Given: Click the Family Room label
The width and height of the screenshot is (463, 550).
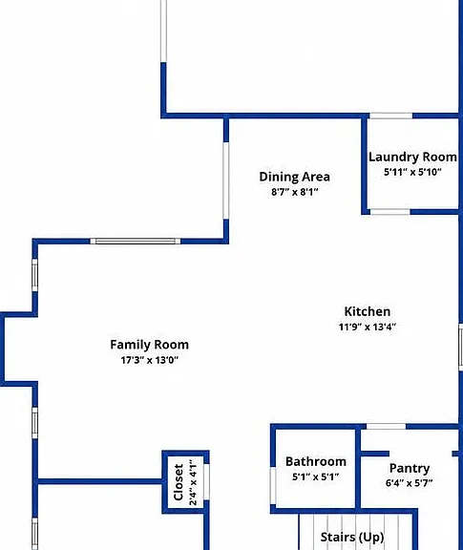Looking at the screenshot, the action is (150, 345).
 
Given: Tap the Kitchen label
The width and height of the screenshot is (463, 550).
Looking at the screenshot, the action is (368, 311).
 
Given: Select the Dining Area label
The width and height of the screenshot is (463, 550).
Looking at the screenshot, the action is (295, 177).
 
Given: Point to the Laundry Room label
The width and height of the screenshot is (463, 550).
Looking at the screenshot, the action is (412, 158).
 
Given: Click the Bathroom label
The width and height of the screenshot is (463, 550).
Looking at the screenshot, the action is (316, 461).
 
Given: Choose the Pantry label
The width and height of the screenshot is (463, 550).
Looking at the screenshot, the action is (410, 468).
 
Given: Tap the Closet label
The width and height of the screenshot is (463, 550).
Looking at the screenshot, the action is (179, 482).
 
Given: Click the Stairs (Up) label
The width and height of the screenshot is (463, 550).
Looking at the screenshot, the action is (352, 537).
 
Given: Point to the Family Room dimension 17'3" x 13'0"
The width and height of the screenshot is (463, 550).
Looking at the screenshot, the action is (150, 360).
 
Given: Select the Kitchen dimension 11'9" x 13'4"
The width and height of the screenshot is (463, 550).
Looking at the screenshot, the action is (368, 327).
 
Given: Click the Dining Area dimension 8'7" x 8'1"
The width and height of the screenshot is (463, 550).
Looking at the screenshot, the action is (295, 192).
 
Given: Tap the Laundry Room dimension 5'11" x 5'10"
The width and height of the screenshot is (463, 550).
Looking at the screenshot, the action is (412, 172).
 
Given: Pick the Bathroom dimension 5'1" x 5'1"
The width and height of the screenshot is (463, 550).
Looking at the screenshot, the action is (316, 477).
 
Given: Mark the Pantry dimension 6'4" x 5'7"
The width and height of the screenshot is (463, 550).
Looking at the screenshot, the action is (409, 483).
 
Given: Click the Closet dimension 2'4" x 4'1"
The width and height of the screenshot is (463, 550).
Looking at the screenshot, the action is (193, 482).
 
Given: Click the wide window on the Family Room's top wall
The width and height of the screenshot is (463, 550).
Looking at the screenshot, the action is (136, 241).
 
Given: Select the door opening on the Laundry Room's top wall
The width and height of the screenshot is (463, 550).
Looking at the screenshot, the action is (390, 116).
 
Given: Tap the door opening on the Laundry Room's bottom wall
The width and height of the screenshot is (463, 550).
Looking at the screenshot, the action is (390, 212).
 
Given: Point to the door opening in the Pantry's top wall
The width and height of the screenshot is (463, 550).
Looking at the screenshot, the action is (387, 427).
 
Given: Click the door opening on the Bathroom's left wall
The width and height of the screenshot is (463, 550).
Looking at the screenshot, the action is (273, 486).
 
